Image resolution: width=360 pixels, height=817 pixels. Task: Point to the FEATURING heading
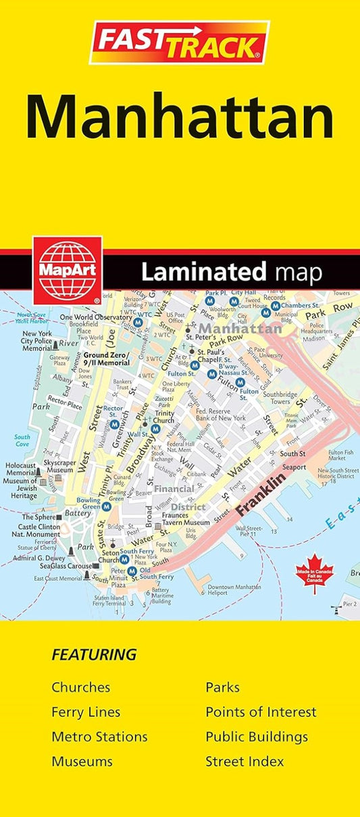(94, 654)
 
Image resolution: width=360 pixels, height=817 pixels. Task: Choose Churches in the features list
(80, 687)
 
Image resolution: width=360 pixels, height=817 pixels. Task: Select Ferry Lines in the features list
(86, 712)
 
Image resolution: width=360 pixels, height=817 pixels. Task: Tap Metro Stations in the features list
(99, 737)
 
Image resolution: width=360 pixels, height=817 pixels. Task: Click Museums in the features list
(82, 761)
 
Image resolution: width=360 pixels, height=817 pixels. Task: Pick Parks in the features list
(222, 687)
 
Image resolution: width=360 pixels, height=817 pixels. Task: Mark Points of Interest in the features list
(261, 712)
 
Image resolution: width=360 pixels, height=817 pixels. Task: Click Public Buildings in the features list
(257, 737)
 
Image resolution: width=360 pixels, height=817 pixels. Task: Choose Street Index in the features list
(245, 761)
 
